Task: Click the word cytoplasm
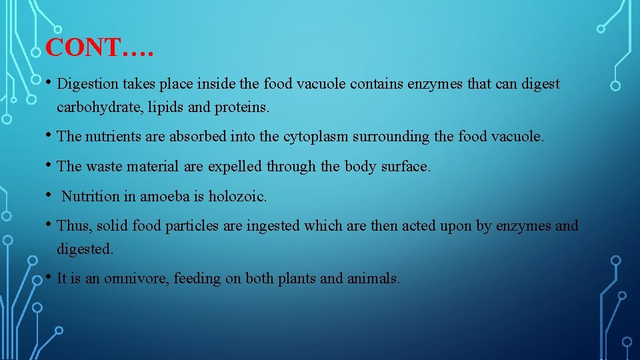click(313, 137)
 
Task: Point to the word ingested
click(273, 227)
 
